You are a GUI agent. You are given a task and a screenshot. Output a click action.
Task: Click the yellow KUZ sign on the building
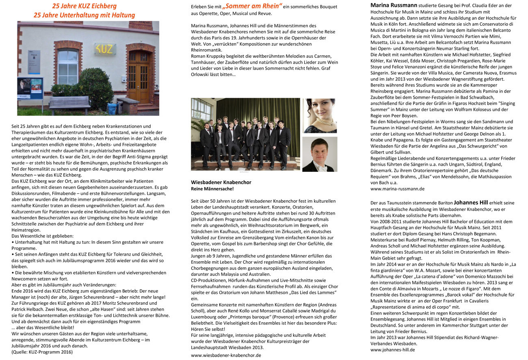pyautogui.click(x=104, y=49)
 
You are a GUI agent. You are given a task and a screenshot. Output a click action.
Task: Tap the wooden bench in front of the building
pyautogui.click(x=69, y=104)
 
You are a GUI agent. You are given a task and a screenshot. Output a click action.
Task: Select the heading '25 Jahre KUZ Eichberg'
pyautogui.click(x=84, y=6)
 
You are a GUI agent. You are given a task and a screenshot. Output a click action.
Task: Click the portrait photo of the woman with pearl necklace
pyautogui.click(x=320, y=115)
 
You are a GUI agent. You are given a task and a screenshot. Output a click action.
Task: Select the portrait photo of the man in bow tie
pyautogui.click(x=320, y=154)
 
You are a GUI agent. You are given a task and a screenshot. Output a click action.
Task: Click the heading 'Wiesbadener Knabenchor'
pyautogui.click(x=221, y=182)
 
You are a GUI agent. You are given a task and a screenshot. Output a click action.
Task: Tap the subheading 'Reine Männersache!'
pyautogui.click(x=212, y=189)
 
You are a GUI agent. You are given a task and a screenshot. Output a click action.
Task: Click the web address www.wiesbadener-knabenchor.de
pyautogui.click(x=226, y=355)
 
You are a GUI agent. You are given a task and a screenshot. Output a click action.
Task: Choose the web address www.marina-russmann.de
pyautogui.click(x=397, y=189)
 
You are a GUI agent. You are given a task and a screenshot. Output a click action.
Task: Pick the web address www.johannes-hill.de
pyautogui.click(x=392, y=349)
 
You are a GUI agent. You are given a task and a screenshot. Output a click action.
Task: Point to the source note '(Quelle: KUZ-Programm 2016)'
pyautogui.click(x=42, y=352)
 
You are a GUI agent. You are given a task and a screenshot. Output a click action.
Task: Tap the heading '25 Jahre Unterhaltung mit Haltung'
pyautogui.click(x=84, y=15)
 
